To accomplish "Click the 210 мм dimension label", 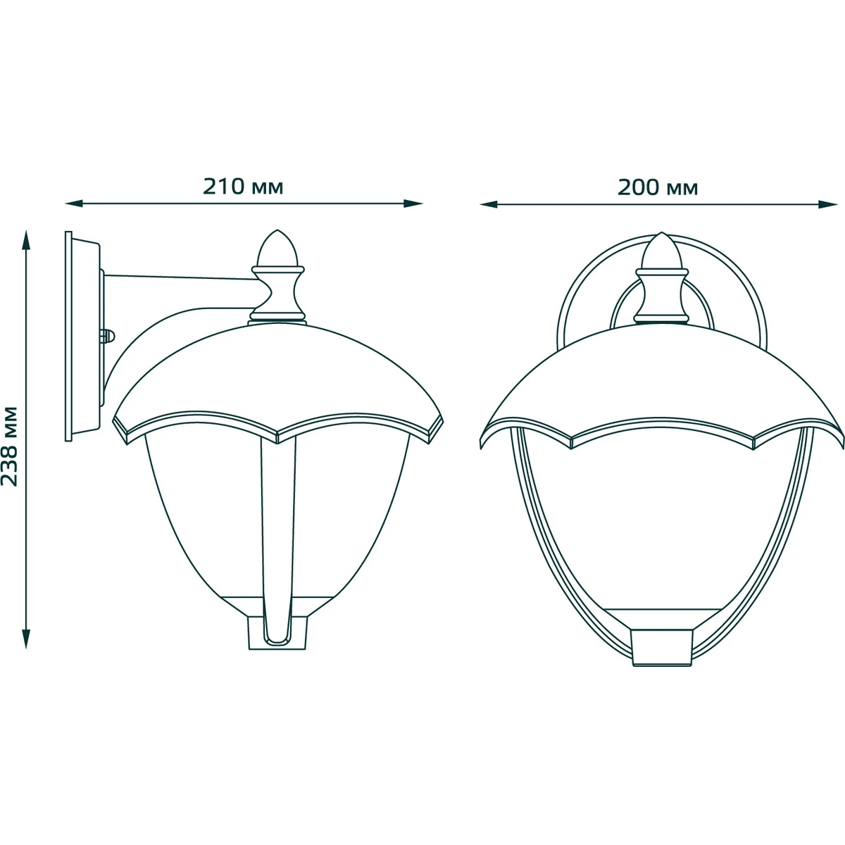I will pyautogui.click(x=243, y=187).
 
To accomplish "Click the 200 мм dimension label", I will pyautogui.click(x=658, y=187).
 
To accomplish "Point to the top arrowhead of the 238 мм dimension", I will pyautogui.click(x=27, y=239).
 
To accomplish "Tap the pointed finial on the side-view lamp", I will pyautogui.click(x=278, y=248).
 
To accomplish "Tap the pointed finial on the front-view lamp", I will pyautogui.click(x=661, y=251).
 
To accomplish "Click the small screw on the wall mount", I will pyautogui.click(x=108, y=337).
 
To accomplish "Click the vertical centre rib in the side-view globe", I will pyautogui.click(x=277, y=535).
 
